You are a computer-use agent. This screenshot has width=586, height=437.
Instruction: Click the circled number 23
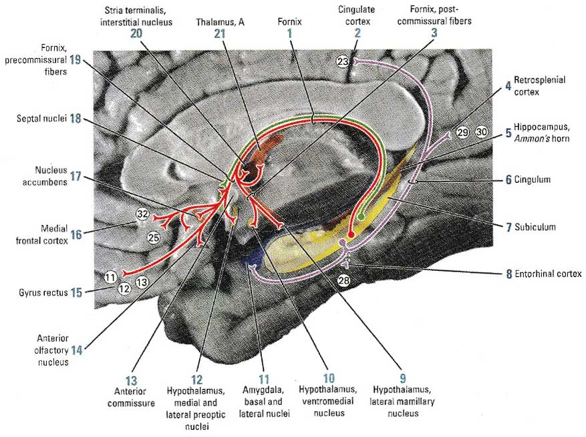click(343, 61)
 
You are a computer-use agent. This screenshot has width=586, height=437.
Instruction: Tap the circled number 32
click(142, 214)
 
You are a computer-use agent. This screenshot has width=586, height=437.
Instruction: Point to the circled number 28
click(343, 282)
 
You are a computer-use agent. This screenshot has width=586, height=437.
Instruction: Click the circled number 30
click(482, 132)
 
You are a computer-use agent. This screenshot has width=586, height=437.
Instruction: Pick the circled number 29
click(463, 132)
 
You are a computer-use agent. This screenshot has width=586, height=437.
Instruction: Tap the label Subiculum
click(535, 227)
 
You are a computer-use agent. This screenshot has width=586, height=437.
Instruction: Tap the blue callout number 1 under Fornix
click(289, 33)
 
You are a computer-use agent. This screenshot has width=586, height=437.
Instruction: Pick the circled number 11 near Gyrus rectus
click(110, 276)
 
